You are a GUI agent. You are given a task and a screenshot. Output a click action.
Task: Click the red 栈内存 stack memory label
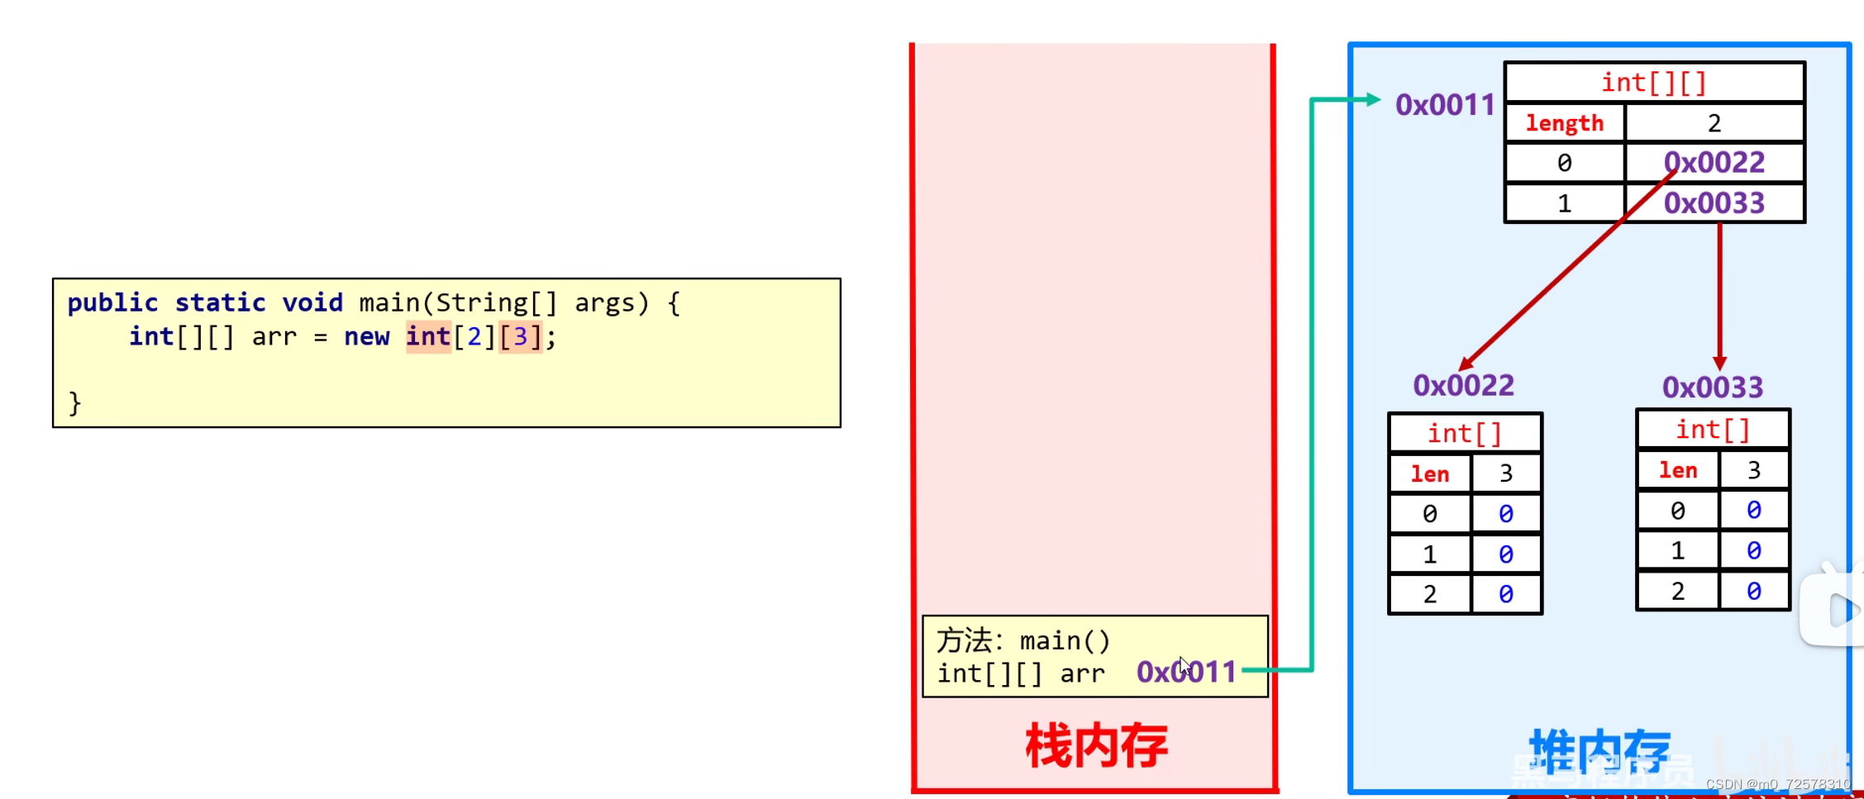(1096, 745)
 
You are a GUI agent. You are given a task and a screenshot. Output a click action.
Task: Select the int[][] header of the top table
(1654, 83)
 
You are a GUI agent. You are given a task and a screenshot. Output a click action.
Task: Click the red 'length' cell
(1564, 123)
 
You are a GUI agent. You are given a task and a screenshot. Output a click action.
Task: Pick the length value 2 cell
(1714, 123)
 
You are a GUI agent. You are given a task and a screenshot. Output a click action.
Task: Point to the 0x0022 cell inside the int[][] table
(1714, 163)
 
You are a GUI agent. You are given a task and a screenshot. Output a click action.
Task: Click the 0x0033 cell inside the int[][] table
(1714, 203)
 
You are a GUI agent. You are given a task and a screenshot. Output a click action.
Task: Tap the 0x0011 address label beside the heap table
(1445, 105)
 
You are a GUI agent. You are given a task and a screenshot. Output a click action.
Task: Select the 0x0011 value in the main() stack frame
(1186, 672)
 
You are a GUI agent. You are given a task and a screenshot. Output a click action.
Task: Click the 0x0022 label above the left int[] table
(1463, 385)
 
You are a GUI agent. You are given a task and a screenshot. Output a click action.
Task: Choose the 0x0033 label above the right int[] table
(1713, 387)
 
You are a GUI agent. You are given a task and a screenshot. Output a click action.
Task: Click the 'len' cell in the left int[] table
(1430, 474)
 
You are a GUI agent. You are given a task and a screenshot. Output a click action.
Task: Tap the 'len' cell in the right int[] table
(1678, 470)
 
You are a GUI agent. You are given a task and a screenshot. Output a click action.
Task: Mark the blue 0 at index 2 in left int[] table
(1506, 594)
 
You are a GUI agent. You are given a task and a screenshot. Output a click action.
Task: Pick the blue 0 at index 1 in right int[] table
(1754, 550)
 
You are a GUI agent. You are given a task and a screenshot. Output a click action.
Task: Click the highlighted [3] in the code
(520, 337)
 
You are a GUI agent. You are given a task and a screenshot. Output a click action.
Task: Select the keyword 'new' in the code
(366, 337)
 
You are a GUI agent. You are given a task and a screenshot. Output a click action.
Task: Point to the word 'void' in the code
(312, 302)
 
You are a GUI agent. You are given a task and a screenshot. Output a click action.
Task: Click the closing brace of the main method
(75, 403)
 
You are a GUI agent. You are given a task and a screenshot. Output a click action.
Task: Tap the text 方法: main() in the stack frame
(1023, 640)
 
